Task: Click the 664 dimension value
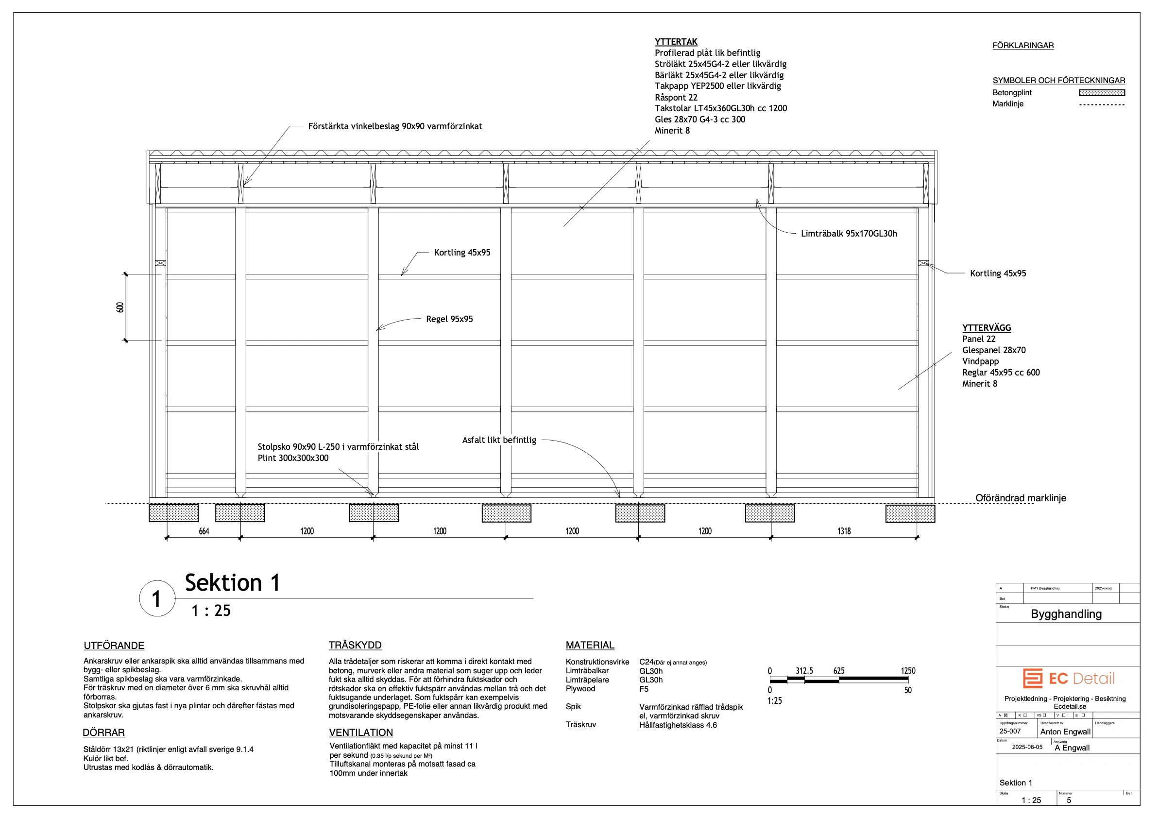click(204, 531)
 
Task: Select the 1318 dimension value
click(844, 531)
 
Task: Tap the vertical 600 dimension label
click(120, 307)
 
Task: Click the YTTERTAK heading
click(676, 42)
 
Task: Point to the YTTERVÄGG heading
click(986, 328)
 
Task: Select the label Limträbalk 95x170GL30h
click(849, 234)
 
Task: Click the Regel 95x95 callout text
click(449, 319)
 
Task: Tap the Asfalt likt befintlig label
click(499, 440)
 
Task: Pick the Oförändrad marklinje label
click(1021, 498)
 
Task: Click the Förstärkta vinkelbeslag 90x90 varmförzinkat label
click(395, 126)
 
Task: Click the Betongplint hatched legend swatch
click(1102, 93)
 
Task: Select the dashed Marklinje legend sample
click(1102, 104)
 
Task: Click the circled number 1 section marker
click(157, 598)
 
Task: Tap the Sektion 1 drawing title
click(232, 583)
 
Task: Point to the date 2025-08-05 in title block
click(1027, 747)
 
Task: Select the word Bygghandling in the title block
click(1066, 614)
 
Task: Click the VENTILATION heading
click(360, 733)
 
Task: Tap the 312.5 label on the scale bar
click(804, 671)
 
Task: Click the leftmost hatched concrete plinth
click(173, 513)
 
